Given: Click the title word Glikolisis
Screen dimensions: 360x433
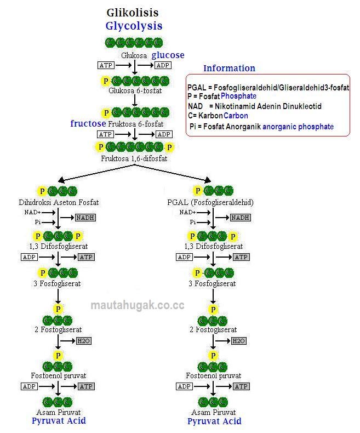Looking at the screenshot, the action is click(x=133, y=13).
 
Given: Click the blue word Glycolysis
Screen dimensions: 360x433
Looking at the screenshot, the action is click(x=134, y=26).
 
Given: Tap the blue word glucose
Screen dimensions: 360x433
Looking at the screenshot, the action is click(x=168, y=55).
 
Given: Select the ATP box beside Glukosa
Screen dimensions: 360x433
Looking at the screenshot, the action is click(x=106, y=65).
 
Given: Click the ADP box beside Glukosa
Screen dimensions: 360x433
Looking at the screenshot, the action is click(x=163, y=65).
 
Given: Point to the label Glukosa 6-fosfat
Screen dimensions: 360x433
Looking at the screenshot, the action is click(x=135, y=90).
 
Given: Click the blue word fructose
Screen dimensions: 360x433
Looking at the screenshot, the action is click(x=88, y=123).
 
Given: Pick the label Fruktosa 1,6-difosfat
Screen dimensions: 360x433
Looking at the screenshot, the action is click(x=134, y=158).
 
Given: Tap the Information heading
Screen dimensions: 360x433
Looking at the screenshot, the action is click(x=229, y=68).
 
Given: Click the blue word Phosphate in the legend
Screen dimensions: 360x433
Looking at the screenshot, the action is click(x=238, y=96).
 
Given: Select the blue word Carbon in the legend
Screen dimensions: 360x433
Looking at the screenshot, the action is click(x=236, y=116).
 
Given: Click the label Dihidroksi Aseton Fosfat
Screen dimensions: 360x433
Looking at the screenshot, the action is click(x=59, y=202).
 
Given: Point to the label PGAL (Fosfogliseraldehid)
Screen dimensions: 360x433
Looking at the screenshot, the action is click(x=210, y=202).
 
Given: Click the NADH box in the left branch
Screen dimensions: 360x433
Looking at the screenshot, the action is click(x=85, y=218).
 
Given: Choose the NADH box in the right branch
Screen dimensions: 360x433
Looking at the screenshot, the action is click(x=241, y=218).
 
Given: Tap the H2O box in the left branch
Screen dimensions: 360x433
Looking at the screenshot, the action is click(x=84, y=341).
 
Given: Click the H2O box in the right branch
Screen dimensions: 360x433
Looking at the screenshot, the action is click(x=239, y=341).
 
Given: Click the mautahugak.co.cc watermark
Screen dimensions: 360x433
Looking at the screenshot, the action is click(x=138, y=305).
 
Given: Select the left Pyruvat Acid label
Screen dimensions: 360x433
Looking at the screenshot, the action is click(x=59, y=420).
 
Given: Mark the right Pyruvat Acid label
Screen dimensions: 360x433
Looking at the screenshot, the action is click(x=214, y=421).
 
